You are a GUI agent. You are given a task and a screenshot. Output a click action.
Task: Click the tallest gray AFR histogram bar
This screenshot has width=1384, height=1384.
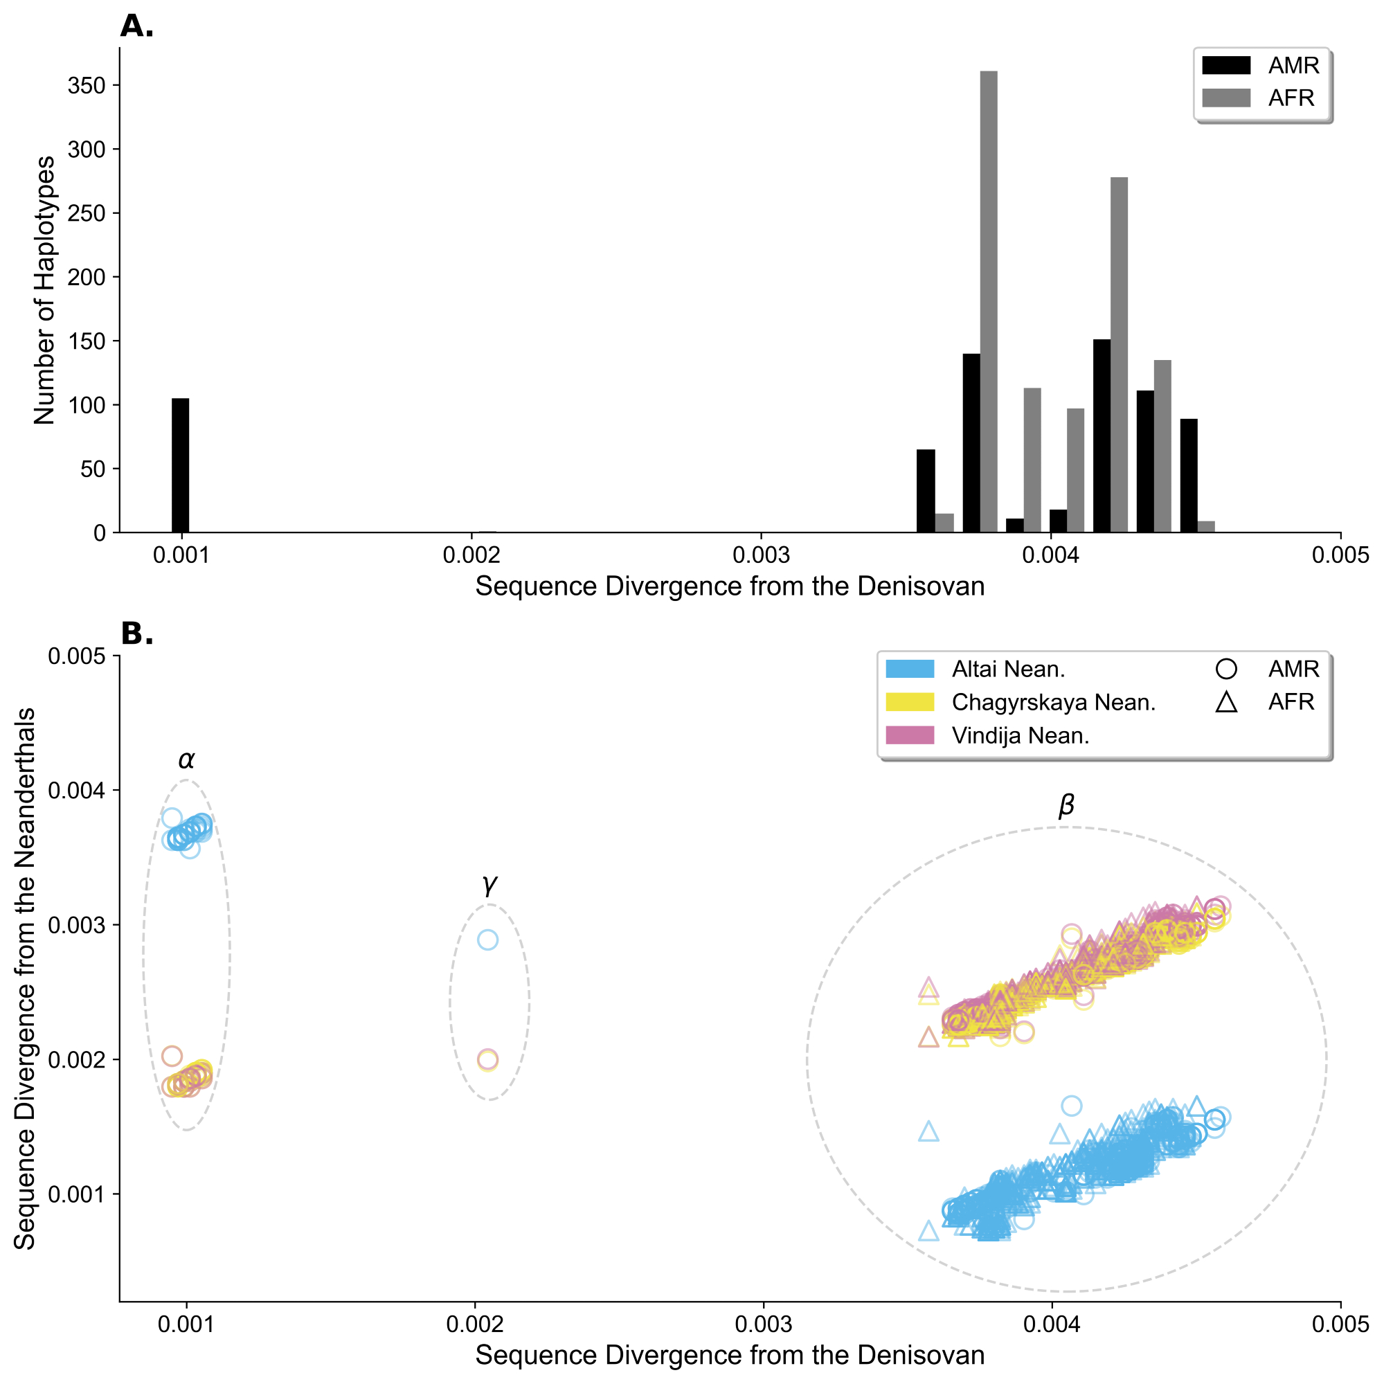(989, 301)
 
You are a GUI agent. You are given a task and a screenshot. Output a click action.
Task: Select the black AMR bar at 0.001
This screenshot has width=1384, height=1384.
(181, 465)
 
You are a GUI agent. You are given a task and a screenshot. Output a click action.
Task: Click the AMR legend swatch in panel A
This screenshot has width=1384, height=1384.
(1225, 65)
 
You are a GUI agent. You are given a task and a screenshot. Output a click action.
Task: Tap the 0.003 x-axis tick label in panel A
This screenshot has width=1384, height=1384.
(761, 555)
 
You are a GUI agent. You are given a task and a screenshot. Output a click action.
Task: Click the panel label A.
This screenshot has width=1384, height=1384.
(136, 26)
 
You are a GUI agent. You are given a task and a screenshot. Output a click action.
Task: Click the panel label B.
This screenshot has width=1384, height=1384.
(136, 634)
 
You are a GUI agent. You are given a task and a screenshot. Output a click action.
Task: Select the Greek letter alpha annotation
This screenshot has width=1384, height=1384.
(186, 760)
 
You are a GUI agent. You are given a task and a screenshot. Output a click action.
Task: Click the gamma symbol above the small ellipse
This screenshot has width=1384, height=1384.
(489, 885)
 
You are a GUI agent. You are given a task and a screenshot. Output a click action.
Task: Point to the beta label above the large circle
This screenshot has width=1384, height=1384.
(1066, 806)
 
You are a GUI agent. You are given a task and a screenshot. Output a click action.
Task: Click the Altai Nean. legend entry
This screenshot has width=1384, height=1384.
(1008, 669)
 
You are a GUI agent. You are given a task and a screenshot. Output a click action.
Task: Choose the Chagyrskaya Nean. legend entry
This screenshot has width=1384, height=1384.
(1053, 703)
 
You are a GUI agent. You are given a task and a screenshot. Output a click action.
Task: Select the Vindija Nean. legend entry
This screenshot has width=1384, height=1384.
(1020, 736)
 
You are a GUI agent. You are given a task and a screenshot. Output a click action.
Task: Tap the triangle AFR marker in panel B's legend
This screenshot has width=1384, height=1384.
(1226, 702)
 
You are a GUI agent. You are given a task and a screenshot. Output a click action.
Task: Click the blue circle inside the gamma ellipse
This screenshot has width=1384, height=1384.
(488, 940)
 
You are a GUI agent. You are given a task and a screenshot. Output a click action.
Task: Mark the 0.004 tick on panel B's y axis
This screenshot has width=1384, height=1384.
(76, 790)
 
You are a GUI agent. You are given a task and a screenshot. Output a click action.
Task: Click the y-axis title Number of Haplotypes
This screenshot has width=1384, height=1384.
(44, 290)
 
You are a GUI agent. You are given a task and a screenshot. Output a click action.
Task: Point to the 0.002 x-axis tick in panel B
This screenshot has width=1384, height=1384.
(475, 1324)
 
